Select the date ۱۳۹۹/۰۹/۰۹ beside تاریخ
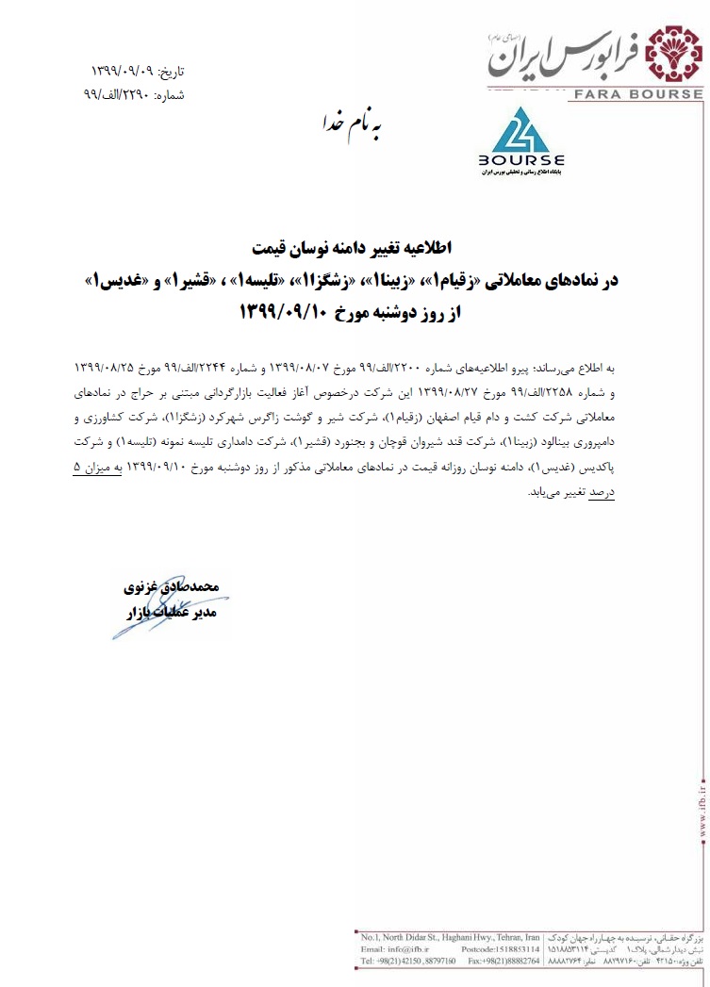click(123, 72)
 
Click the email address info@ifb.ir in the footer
click(401, 957)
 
